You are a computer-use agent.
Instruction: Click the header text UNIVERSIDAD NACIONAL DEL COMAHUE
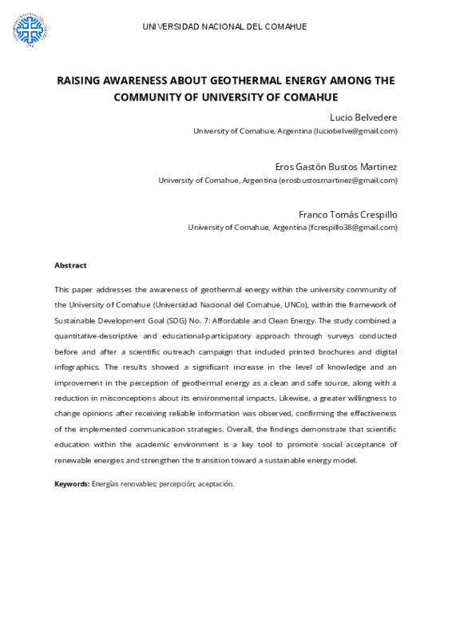(x=224, y=26)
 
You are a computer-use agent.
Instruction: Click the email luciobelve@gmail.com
(x=355, y=131)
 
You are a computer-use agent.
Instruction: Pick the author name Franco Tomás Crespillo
(x=347, y=214)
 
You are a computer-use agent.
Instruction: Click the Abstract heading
(x=70, y=265)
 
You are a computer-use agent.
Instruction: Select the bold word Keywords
(x=71, y=484)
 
